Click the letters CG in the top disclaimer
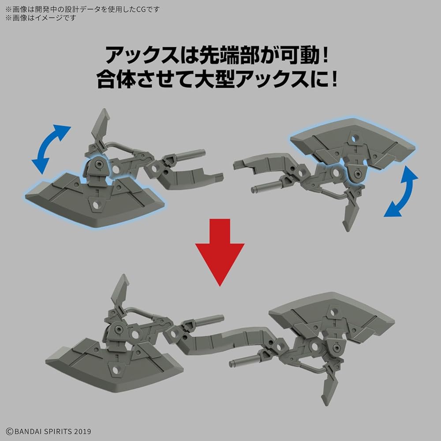pyautogui.click(x=150, y=8)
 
